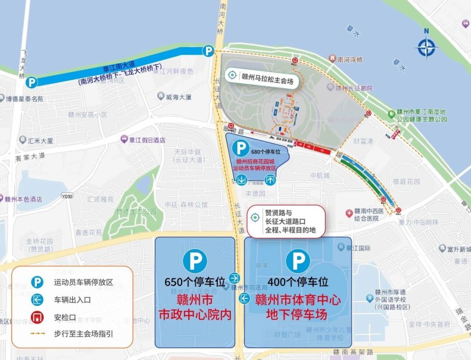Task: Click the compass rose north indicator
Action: click(x=426, y=47)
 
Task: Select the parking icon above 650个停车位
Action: click(x=195, y=261)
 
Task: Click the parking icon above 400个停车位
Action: click(x=298, y=261)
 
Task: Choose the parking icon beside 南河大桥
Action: click(x=209, y=51)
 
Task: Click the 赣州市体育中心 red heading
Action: click(x=298, y=300)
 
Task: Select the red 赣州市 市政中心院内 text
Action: click(x=195, y=307)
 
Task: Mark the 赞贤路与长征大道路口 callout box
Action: click(x=288, y=221)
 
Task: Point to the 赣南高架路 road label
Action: click(x=353, y=352)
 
